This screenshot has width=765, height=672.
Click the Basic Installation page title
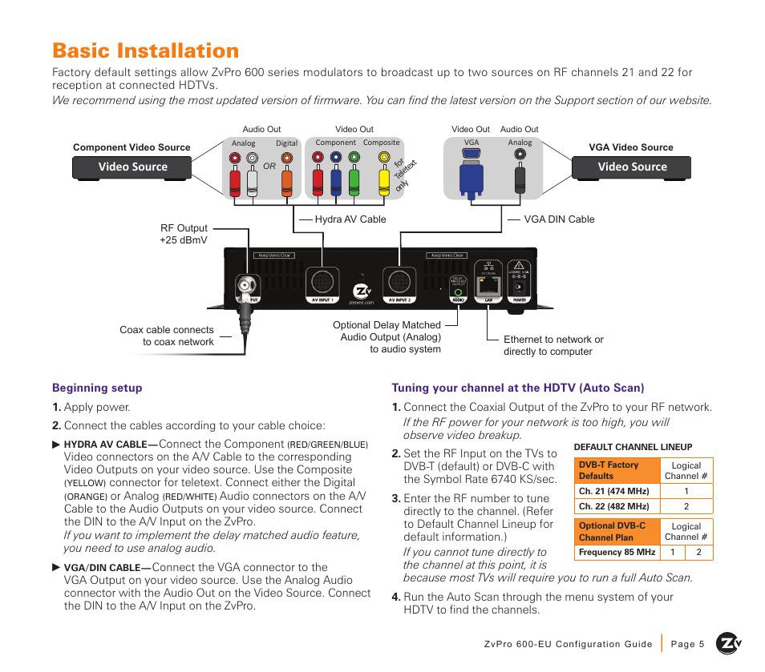click(146, 50)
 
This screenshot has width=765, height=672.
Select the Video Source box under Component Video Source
click(132, 167)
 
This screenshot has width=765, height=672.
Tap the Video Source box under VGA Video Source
click(631, 167)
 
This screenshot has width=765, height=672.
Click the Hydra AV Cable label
click(350, 219)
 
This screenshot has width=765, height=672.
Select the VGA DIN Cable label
click(559, 219)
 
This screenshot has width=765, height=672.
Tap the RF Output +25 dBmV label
click(184, 234)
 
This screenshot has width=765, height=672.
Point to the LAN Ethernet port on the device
click(488, 285)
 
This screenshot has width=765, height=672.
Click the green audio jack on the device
click(458, 293)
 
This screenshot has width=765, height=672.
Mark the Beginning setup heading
click(97, 388)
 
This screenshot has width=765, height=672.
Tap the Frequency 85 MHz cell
click(617, 553)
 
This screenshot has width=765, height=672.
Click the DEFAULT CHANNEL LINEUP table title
click(633, 447)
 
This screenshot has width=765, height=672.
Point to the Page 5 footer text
click(686, 644)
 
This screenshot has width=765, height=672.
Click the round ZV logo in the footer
click(729, 643)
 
